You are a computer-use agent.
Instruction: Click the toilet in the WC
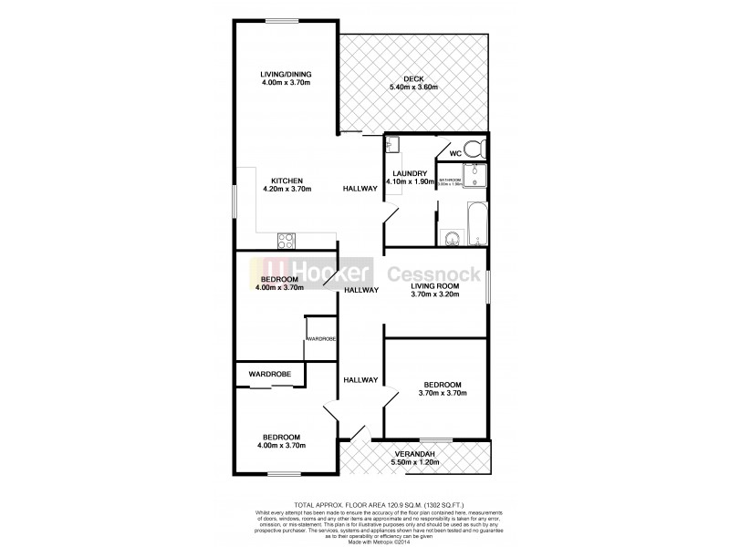(x=473, y=150)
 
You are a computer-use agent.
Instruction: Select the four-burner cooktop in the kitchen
(x=285, y=242)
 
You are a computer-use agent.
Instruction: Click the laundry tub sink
(x=393, y=144)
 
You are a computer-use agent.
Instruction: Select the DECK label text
(x=414, y=78)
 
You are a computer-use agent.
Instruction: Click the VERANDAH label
(x=414, y=454)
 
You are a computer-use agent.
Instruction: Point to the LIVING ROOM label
(x=433, y=286)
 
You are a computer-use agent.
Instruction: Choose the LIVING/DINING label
(x=287, y=75)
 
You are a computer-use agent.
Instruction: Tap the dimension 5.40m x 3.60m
(x=414, y=88)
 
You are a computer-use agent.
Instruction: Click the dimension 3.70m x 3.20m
(x=433, y=295)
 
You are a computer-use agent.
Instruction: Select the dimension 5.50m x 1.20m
(x=414, y=463)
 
